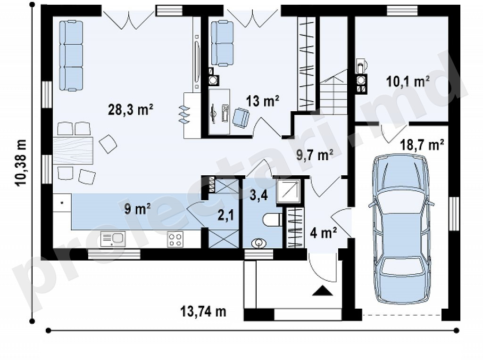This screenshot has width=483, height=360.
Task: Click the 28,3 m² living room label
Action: tap(131, 109)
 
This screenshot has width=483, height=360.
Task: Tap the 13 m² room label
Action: tap(263, 100)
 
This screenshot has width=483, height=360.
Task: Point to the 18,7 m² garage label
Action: tap(422, 145)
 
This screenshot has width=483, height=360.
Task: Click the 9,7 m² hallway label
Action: tap(315, 155)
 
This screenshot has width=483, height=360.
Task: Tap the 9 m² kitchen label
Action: tap(137, 209)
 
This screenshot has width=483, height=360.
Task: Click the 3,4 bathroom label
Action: tap(259, 196)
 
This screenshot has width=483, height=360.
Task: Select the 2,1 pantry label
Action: tap(225, 215)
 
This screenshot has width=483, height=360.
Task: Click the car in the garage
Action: tap(401, 229)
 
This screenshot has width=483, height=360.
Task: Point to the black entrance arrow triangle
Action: tap(323, 290)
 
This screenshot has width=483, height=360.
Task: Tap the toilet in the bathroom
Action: tap(273, 220)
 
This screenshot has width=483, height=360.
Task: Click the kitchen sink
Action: tap(113, 239)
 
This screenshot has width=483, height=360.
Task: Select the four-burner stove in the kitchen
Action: tap(175, 239)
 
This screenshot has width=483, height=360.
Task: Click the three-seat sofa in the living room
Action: tap(71, 56)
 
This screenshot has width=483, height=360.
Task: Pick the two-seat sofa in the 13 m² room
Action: tap(222, 43)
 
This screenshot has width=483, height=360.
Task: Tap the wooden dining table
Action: tap(73, 150)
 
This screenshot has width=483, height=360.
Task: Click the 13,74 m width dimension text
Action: tap(203, 311)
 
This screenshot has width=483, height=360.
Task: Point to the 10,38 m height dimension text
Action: tap(22, 163)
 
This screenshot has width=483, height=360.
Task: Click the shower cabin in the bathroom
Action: tap(288, 191)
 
